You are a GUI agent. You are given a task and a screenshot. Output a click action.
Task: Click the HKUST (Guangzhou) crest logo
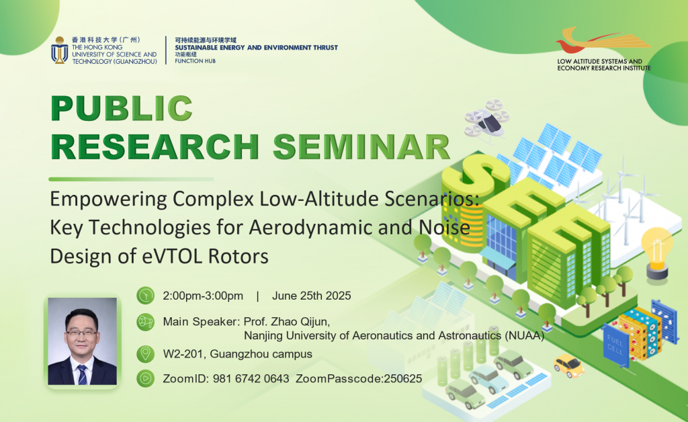click(x=59, y=50)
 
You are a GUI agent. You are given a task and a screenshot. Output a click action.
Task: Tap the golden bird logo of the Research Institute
click(x=603, y=40)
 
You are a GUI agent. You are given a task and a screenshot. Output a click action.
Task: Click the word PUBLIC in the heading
click(x=122, y=108)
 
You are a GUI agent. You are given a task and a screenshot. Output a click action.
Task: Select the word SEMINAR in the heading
click(x=361, y=147)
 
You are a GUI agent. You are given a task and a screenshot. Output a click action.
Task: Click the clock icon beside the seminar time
click(x=145, y=296)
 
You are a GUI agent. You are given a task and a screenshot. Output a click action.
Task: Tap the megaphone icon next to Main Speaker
click(x=145, y=322)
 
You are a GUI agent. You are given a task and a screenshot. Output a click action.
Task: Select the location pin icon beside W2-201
click(x=145, y=353)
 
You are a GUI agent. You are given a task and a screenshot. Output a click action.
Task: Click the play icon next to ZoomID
click(x=145, y=378)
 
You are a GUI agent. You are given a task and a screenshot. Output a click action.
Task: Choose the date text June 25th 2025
click(x=312, y=296)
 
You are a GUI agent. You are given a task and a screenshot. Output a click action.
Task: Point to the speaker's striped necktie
click(x=82, y=374)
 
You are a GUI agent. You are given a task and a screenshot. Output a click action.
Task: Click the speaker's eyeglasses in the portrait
click(x=81, y=333)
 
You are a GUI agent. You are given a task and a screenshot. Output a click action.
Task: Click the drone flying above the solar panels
click(x=487, y=121)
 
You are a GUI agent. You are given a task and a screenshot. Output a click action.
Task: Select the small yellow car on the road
click(x=568, y=366)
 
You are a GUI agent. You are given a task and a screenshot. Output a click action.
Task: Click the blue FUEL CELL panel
click(x=615, y=345)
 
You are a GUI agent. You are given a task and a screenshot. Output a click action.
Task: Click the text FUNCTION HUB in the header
click(x=196, y=61)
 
